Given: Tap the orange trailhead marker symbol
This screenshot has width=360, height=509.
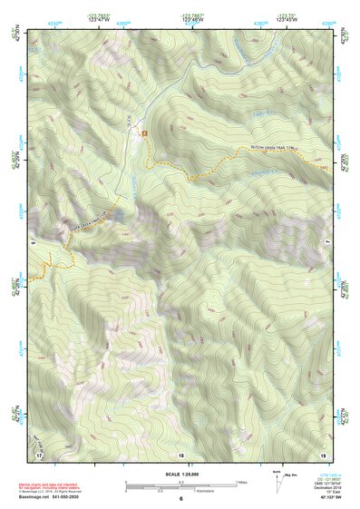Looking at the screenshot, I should (x=143, y=134).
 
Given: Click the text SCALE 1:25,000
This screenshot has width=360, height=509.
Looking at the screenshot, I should (x=180, y=475).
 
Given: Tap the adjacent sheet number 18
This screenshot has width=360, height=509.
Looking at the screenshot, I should (x=180, y=454).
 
